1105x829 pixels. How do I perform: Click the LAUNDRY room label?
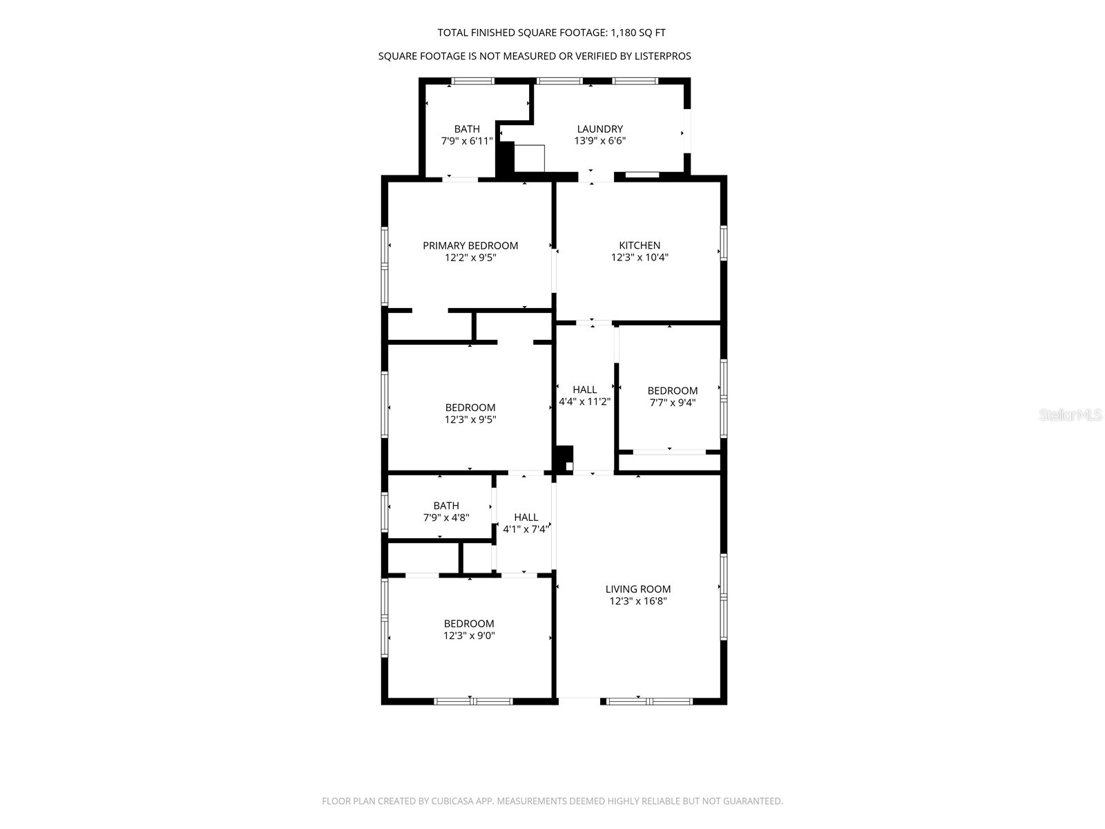click(x=599, y=129)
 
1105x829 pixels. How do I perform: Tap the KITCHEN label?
click(x=640, y=245)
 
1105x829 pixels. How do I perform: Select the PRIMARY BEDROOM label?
click(x=470, y=246)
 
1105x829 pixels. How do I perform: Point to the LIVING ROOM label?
click(x=638, y=589)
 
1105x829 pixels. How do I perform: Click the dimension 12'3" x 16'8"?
click(x=638, y=601)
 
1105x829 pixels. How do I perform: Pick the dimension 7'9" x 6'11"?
click(x=467, y=141)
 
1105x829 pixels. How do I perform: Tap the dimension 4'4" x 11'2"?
click(x=584, y=401)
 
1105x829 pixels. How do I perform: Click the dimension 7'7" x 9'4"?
click(x=673, y=403)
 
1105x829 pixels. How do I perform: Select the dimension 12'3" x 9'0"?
click(x=469, y=636)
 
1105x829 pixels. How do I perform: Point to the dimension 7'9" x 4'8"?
click(x=446, y=517)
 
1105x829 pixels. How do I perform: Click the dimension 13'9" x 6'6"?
click(x=599, y=141)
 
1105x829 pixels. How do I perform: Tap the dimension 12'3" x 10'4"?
click(x=640, y=257)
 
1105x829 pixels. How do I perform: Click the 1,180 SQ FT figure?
click(x=638, y=32)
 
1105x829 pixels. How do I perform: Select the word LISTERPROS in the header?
click(x=661, y=56)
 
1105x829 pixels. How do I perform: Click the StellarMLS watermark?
click(x=1070, y=414)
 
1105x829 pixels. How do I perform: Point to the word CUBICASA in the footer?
click(x=452, y=801)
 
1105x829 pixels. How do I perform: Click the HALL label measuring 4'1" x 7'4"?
click(x=526, y=517)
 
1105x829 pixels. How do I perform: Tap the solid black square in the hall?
click(x=564, y=459)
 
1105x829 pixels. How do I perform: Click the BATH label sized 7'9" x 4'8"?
click(x=446, y=506)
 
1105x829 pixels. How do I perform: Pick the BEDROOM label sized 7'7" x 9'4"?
click(x=673, y=390)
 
